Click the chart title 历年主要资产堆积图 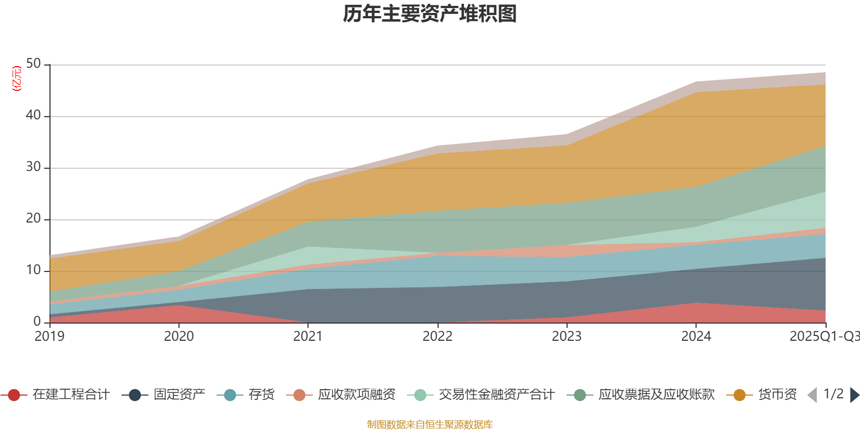pos(429,14)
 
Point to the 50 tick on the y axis pos(33,64)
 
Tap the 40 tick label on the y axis pos(33,115)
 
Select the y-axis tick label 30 pos(33,167)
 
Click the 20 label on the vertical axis pos(33,218)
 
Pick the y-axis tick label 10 pos(33,270)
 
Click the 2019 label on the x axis pos(49,336)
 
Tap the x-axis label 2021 pos(308,336)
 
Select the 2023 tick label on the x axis pos(567,336)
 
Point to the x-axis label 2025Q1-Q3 pos(823,336)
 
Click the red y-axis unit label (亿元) pos(17,78)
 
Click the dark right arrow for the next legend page pos(854,395)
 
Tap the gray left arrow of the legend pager pos(812,395)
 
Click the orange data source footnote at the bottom pos(429,425)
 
